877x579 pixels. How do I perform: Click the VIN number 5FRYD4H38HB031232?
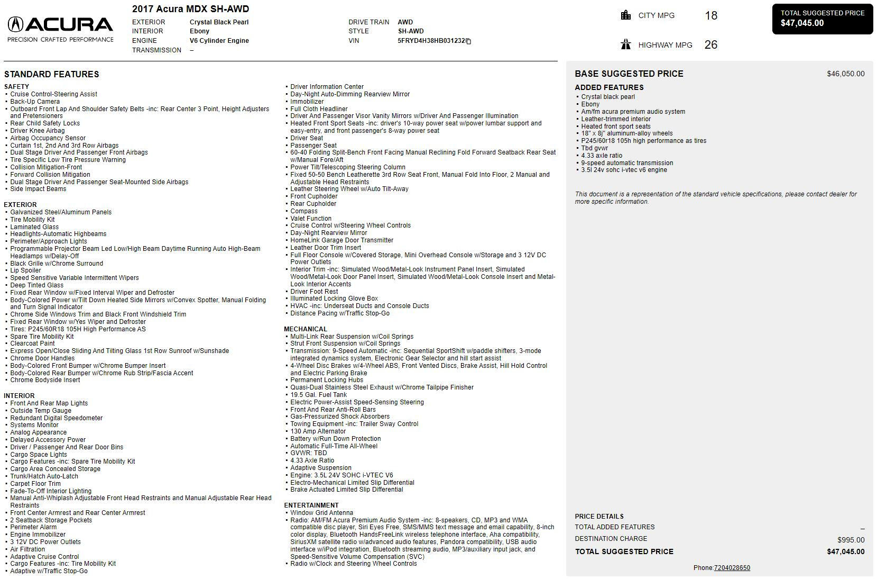431,41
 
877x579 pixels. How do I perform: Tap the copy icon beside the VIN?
468,41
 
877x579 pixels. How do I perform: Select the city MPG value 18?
710,16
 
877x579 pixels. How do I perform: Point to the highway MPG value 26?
710,45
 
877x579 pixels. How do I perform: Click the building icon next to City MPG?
626,15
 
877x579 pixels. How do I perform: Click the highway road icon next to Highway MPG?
626,44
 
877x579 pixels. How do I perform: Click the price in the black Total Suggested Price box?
802,23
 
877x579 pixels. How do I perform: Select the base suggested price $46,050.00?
845,74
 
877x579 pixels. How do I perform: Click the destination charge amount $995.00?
851,540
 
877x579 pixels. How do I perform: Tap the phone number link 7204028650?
732,568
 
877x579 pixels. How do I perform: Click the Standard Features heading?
51,75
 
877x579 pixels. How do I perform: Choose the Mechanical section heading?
305,329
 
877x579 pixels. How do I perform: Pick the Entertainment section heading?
311,505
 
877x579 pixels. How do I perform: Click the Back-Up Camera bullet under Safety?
35,102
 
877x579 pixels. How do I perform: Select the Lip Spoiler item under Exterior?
25,270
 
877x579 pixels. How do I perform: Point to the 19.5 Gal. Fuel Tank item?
318,395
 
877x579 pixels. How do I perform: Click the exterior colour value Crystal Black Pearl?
219,22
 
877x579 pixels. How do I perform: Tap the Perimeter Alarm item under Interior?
33,527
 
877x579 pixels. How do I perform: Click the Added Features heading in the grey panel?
609,88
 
